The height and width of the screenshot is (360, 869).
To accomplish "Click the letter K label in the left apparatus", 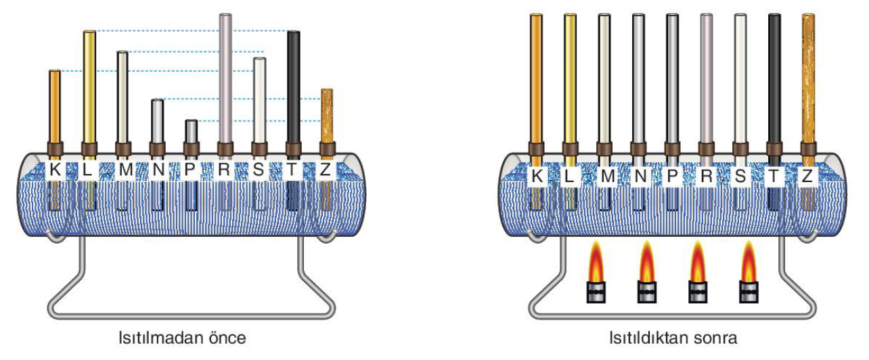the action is tap(55, 170).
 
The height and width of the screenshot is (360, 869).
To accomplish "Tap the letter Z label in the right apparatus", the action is tap(807, 177).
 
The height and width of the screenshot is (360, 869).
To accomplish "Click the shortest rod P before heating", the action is tap(192, 132).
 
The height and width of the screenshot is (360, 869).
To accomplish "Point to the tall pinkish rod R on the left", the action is tap(225, 78).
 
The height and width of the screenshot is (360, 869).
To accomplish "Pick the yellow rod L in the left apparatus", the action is tap(89, 87).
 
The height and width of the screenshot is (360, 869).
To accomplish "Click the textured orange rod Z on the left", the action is tap(327, 116).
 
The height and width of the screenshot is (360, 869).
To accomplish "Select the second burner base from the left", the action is tap(647, 292).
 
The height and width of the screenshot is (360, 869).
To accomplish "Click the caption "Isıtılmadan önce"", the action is tap(182, 338).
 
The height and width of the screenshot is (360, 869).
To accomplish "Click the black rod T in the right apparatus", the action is tap(774, 78).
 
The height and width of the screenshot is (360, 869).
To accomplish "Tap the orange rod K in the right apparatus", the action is tap(536, 78).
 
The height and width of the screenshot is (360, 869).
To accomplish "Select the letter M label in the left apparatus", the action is tap(125, 170).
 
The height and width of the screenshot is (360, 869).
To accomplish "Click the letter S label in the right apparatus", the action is tap(740, 177).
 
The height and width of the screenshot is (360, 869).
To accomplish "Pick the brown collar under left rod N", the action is tap(158, 149).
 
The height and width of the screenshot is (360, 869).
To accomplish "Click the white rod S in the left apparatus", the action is tap(259, 101).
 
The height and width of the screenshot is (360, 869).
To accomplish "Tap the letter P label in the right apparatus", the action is tap(672, 177).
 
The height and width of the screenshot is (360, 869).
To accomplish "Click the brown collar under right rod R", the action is tap(706, 149).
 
